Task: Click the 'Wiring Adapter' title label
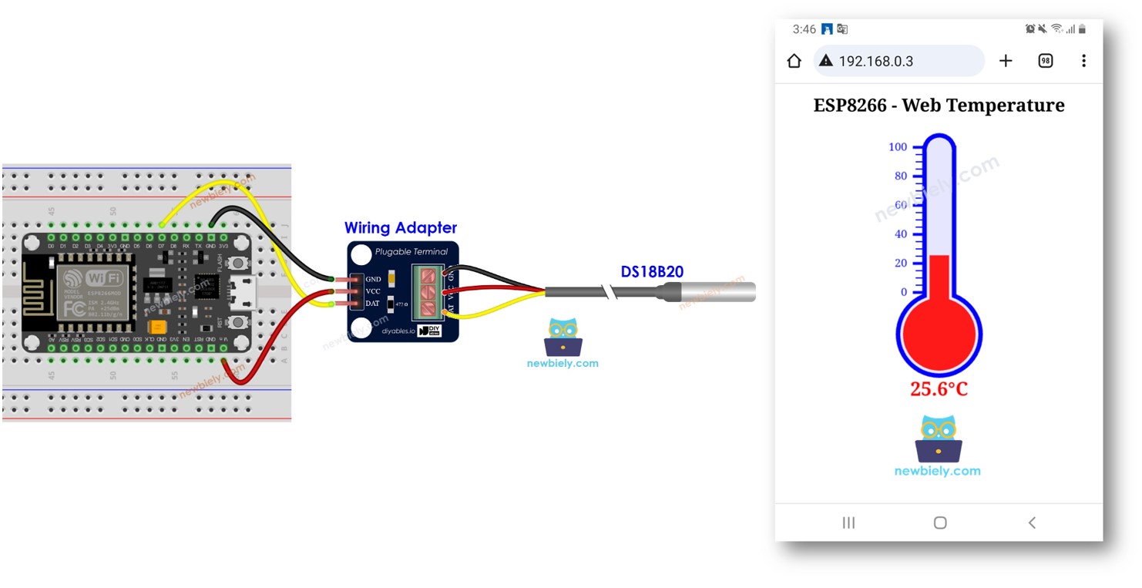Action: click(x=400, y=228)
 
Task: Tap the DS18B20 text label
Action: click(x=652, y=272)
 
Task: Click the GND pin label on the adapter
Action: click(x=373, y=279)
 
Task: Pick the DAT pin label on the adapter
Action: click(x=373, y=304)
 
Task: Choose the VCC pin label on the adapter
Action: click(x=373, y=291)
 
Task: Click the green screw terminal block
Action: click(x=428, y=291)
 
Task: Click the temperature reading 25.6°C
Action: click(x=939, y=389)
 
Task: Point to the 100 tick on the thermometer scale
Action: click(x=898, y=147)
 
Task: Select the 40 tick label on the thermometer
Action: click(x=900, y=234)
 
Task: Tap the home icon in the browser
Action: click(x=794, y=61)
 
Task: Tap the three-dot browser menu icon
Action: click(x=1083, y=61)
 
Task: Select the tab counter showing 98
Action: click(x=1045, y=61)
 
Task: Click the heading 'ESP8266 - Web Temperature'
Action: click(x=939, y=106)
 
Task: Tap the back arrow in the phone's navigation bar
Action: click(x=1032, y=522)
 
